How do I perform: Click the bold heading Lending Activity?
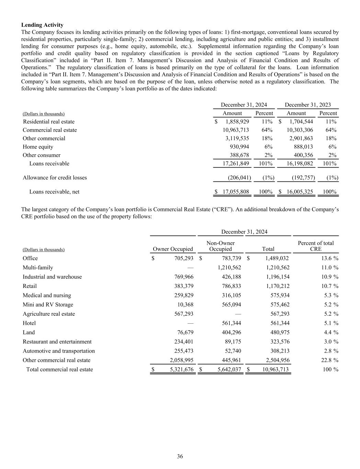(42, 25)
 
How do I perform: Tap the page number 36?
(180, 456)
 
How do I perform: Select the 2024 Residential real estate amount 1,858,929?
(237, 122)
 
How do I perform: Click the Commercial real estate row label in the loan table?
(50, 130)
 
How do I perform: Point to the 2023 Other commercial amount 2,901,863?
(300, 138)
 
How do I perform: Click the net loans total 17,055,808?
(236, 192)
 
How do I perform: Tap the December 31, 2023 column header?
(308, 105)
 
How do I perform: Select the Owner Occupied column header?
(173, 249)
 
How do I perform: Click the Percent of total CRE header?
(316, 246)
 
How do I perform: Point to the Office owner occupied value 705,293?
(182, 258)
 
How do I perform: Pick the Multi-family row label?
(38, 268)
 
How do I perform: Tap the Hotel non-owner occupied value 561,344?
(230, 323)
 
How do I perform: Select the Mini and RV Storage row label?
(48, 305)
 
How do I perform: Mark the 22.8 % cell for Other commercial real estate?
(329, 360)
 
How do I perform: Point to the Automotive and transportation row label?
(59, 351)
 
